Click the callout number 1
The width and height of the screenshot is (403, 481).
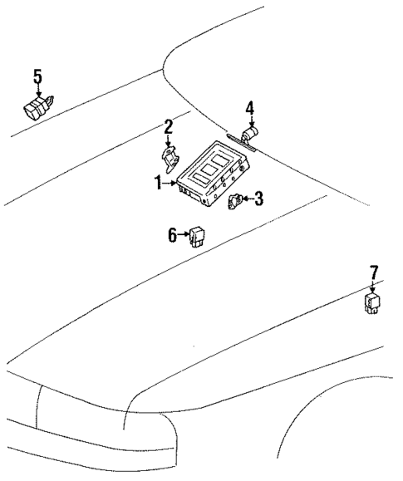[x=156, y=183]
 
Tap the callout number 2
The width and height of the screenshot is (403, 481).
[x=168, y=126]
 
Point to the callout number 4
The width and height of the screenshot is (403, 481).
[x=248, y=108]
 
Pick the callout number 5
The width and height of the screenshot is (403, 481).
[x=37, y=77]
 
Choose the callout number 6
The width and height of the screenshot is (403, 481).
[x=172, y=235]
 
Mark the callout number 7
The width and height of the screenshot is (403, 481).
[x=373, y=272]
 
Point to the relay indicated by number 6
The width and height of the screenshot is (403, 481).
[x=199, y=236]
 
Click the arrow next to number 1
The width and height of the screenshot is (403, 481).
[x=170, y=183]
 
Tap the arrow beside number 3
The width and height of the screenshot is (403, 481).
[x=247, y=199]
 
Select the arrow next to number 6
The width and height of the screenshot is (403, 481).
[x=184, y=235]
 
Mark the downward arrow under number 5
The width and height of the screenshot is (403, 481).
[x=37, y=91]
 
